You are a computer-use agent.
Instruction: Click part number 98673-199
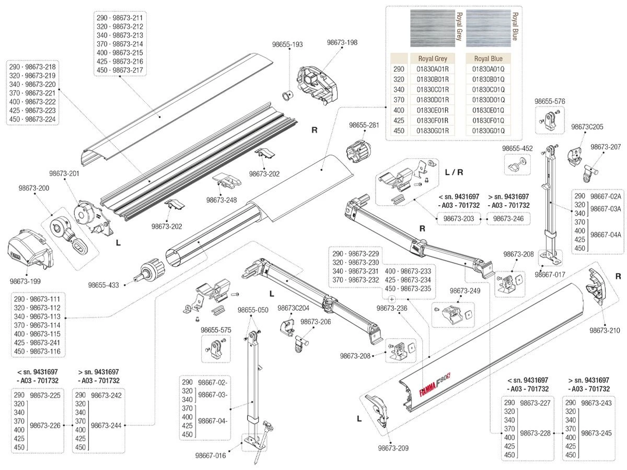25,281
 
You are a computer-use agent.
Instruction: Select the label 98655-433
103,285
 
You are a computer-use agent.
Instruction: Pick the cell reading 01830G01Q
488,131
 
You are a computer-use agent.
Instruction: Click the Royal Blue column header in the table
488,58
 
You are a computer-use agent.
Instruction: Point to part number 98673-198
342,42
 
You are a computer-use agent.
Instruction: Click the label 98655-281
364,125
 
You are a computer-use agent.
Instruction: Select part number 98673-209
393,448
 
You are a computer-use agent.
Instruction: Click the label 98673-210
605,331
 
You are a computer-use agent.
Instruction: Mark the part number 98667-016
211,455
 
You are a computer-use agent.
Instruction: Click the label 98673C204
293,308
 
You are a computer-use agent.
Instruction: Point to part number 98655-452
517,148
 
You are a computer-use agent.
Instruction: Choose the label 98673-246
508,219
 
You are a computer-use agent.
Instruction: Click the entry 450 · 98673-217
120,70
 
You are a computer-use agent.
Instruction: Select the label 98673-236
392,309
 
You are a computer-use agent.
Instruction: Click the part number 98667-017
550,274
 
